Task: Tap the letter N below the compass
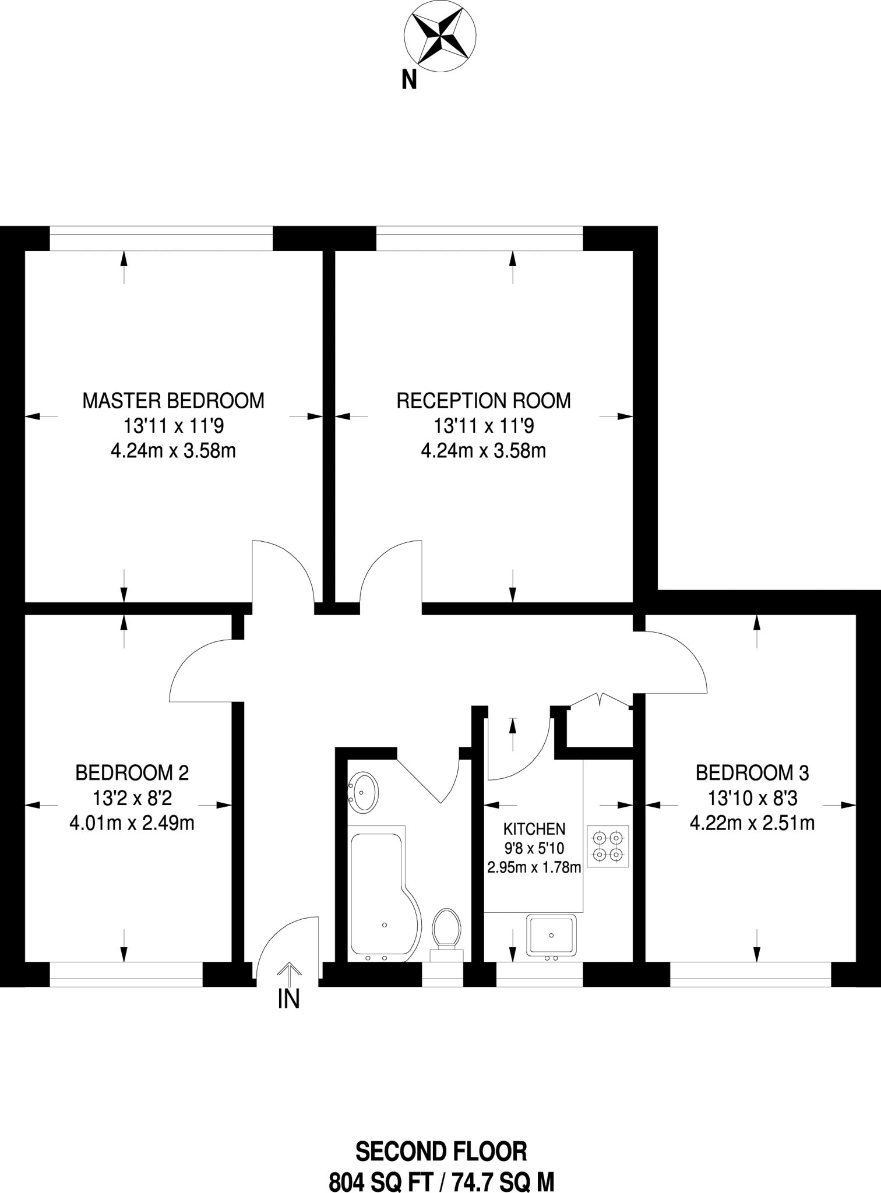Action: click(409, 80)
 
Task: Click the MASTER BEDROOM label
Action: click(173, 401)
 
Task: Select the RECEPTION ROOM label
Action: click(484, 401)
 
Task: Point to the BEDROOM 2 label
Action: click(132, 773)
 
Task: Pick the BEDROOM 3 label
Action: click(752, 773)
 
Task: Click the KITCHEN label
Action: click(534, 828)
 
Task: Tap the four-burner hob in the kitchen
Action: click(608, 846)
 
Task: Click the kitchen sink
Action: click(551, 935)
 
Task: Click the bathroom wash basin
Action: click(364, 793)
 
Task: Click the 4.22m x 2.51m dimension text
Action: click(752, 823)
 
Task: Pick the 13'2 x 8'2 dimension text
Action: click(132, 798)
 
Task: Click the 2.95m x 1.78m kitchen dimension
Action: click(534, 867)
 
